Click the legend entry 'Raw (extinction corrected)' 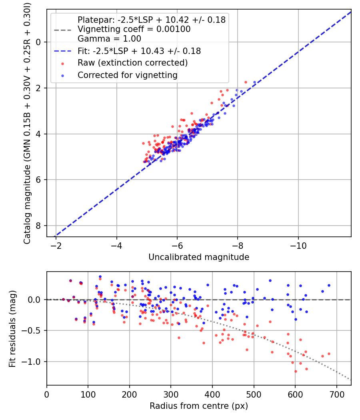tap(132, 63)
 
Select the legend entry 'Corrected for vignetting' tap(127, 75)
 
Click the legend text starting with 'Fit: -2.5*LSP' tap(139, 51)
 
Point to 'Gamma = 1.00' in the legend tap(109, 39)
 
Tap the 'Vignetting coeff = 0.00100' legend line tap(134, 29)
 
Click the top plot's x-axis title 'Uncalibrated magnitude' tap(199, 257)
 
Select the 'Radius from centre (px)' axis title tap(199, 406)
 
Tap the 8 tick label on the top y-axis tap(39, 226)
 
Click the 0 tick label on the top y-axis tap(39, 42)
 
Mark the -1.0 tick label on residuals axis tap(34, 362)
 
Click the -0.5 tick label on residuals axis tap(34, 330)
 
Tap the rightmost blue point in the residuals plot tap(329, 285)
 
